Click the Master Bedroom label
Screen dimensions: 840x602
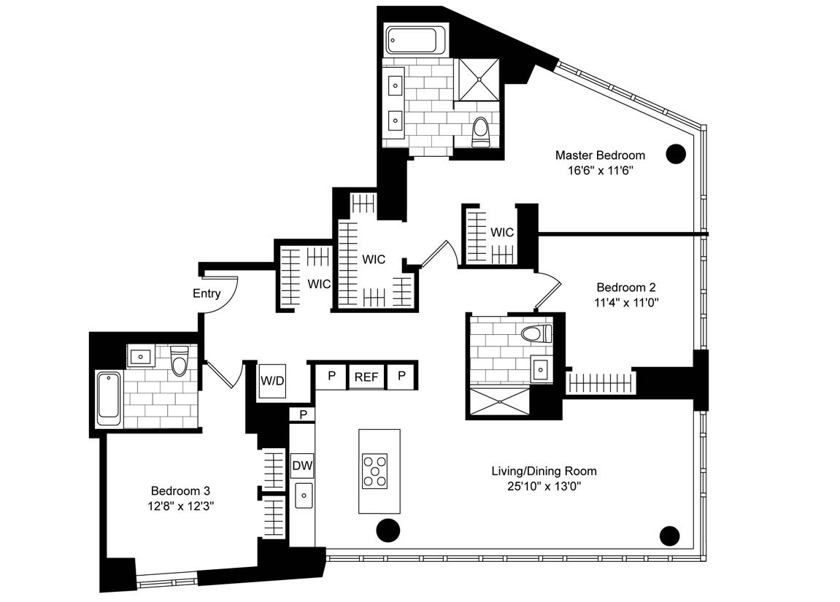click(599, 155)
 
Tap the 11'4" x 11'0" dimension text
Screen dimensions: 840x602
click(626, 303)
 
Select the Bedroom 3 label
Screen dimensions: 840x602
click(180, 490)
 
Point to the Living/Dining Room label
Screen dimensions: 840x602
click(544, 471)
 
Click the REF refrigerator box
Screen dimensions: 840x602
click(366, 377)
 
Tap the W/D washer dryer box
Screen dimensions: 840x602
click(273, 381)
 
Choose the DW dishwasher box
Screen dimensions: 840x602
click(302, 466)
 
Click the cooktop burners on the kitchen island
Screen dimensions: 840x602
click(375, 471)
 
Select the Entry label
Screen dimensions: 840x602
click(207, 293)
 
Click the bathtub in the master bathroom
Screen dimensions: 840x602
click(417, 39)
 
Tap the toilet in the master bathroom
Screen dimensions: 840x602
click(481, 132)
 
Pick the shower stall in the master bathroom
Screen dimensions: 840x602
click(477, 80)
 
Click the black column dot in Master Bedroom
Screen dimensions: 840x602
click(676, 154)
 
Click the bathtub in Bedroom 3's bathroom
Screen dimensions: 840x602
click(109, 398)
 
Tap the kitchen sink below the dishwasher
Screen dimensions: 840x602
click(304, 495)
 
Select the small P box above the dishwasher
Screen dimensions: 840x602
click(303, 414)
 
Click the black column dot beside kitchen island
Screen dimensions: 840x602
click(388, 530)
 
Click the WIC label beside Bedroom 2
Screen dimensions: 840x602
click(502, 233)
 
